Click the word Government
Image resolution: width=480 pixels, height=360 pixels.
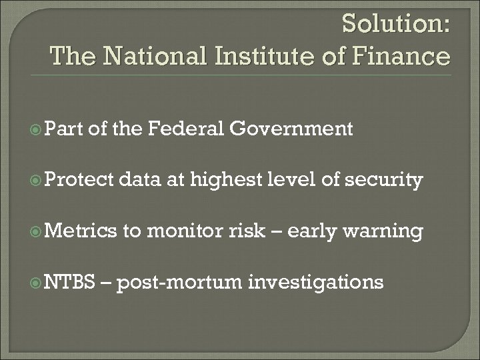pyautogui.click(x=299, y=129)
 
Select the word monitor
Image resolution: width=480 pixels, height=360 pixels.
pyautogui.click(x=185, y=231)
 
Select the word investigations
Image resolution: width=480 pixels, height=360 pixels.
pyautogui.click(x=316, y=283)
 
